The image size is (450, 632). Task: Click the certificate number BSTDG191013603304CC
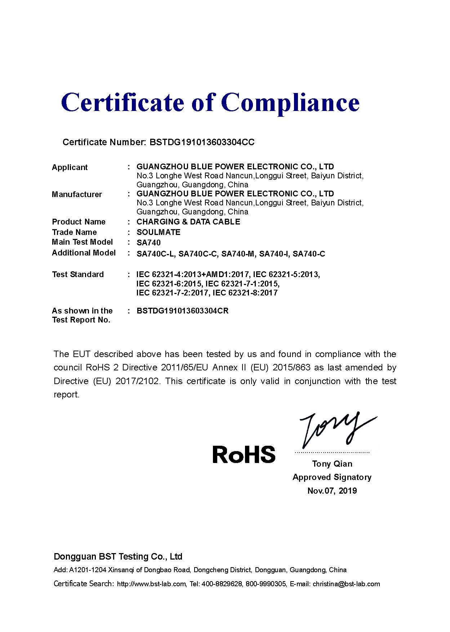pyautogui.click(x=202, y=142)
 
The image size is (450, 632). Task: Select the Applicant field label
pyautogui.click(x=70, y=167)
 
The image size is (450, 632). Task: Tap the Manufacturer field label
pyautogui.click(x=77, y=195)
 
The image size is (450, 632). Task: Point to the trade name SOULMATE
pyautogui.click(x=159, y=232)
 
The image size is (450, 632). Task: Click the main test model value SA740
pyautogui.click(x=148, y=243)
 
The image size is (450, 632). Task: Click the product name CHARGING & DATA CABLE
pyautogui.click(x=188, y=222)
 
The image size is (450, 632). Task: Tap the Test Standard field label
pyautogui.click(x=77, y=275)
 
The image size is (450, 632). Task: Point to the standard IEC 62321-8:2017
pyautogui.click(x=245, y=293)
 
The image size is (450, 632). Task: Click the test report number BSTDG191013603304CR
pyautogui.click(x=182, y=311)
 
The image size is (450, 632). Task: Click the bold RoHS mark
pyautogui.click(x=244, y=454)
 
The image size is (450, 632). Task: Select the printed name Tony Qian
pyautogui.click(x=332, y=464)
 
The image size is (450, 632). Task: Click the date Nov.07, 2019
pyautogui.click(x=332, y=491)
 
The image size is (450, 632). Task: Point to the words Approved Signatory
pyautogui.click(x=332, y=477)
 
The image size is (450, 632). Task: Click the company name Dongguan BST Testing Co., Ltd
pyautogui.click(x=118, y=557)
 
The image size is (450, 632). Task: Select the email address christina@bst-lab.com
pyautogui.click(x=346, y=584)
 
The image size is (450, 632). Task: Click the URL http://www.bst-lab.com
pyautogui.click(x=151, y=584)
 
